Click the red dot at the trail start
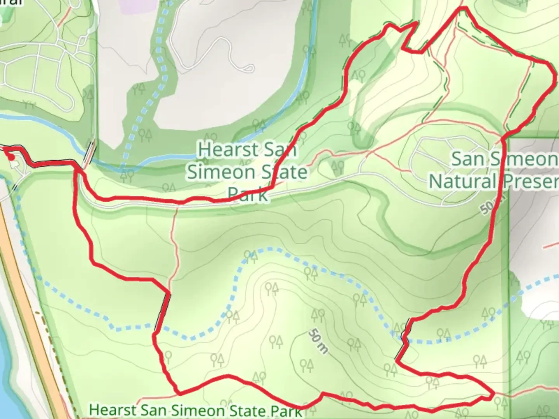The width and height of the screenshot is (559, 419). (12, 157)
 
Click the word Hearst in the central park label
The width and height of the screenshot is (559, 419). (222, 150)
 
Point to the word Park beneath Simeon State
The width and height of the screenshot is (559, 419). (247, 194)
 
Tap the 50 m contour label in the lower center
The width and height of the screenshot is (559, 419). (318, 341)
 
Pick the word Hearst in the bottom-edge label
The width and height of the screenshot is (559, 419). (113, 410)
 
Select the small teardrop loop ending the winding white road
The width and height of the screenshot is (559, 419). (248, 69)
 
